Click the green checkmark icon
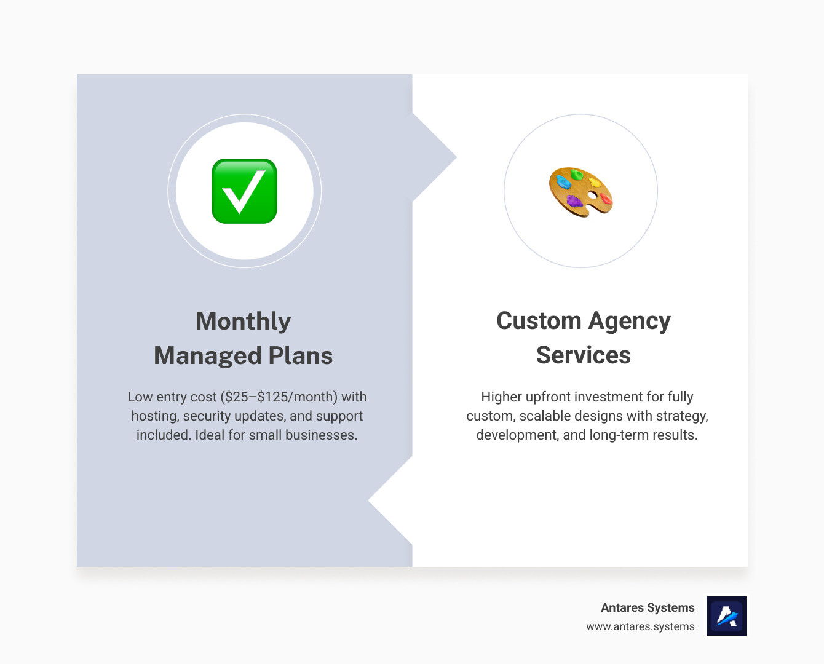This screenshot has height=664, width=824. point(244,191)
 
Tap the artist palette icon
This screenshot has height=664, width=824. point(580,192)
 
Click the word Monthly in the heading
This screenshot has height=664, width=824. point(243,321)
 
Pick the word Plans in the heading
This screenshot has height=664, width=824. point(301,355)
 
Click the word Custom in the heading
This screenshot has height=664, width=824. point(539,321)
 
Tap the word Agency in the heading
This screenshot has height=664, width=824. point(629,322)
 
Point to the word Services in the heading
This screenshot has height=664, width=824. point(583,355)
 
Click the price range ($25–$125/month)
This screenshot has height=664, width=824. point(279,397)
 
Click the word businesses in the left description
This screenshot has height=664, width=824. point(320,435)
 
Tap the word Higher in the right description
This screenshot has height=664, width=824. point(501,397)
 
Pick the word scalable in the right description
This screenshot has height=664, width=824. point(545,416)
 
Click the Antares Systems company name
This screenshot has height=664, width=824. point(648,607)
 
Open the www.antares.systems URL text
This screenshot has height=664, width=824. point(640,626)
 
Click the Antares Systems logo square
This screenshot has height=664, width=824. point(726,616)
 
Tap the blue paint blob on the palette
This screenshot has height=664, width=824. point(563,182)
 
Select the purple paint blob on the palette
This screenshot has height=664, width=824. point(574,201)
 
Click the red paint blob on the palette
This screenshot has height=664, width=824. point(606,199)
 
